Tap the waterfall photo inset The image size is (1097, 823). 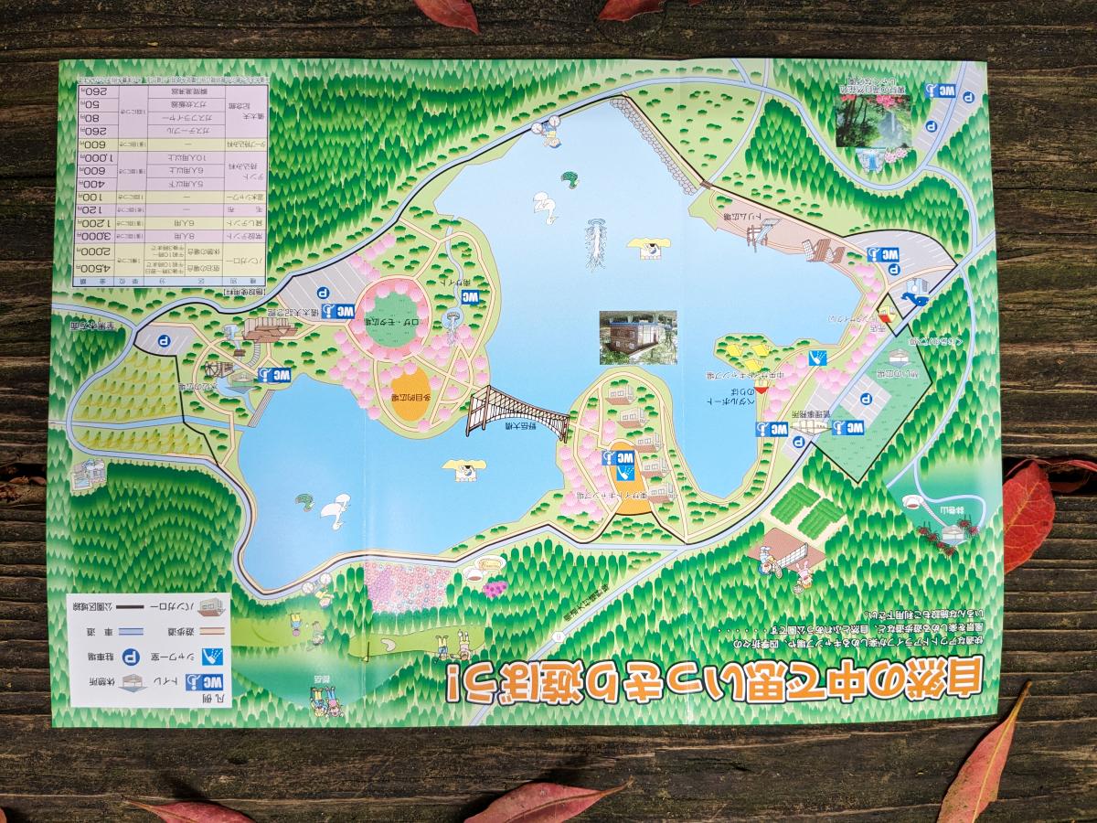coord(873,119)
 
